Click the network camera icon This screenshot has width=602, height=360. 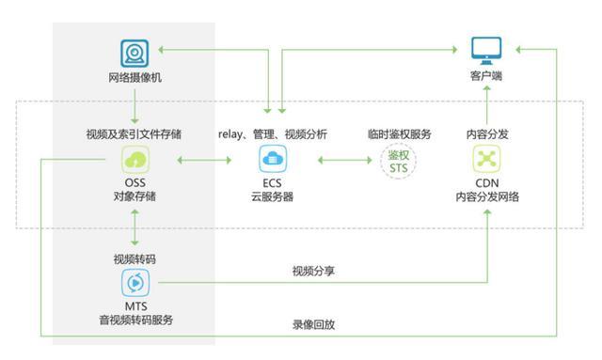coord(135,53)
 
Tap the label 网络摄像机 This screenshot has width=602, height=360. coord(135,77)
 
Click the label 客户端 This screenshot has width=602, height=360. coord(485,74)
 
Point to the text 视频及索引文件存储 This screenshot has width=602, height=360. coord(135,134)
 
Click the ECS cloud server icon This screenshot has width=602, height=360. coord(273,158)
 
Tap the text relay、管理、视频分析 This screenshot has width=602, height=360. coord(273,134)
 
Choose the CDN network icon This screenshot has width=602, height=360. coord(486,158)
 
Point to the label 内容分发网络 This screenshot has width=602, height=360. coord(486,196)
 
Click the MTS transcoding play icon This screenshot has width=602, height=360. coord(135,282)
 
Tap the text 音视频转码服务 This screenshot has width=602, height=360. coord(135,321)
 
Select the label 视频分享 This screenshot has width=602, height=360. coord(313,272)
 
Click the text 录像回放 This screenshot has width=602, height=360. coord(313,325)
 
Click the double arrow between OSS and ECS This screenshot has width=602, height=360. coord(203,160)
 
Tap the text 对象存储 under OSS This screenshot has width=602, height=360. coord(135,196)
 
